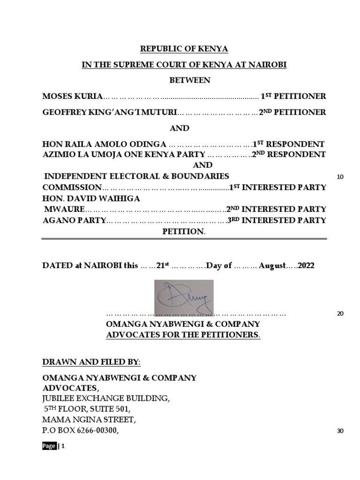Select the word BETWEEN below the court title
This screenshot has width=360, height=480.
(189, 81)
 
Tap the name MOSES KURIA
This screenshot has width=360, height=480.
(72, 97)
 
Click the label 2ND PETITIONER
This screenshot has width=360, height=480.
(292, 112)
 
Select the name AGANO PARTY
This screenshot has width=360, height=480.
(74, 220)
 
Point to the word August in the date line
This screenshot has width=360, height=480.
(272, 265)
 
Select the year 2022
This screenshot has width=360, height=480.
(306, 265)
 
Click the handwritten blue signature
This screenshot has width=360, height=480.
(184, 296)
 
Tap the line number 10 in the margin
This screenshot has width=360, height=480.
(340, 177)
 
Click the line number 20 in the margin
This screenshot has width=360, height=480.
(340, 314)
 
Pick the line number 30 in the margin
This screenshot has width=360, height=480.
(340, 431)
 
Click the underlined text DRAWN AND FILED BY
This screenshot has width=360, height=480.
(91, 362)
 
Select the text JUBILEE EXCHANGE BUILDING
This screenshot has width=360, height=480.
(106, 398)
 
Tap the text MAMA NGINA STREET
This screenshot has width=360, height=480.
(89, 419)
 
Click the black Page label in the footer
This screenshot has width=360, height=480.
(49, 446)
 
